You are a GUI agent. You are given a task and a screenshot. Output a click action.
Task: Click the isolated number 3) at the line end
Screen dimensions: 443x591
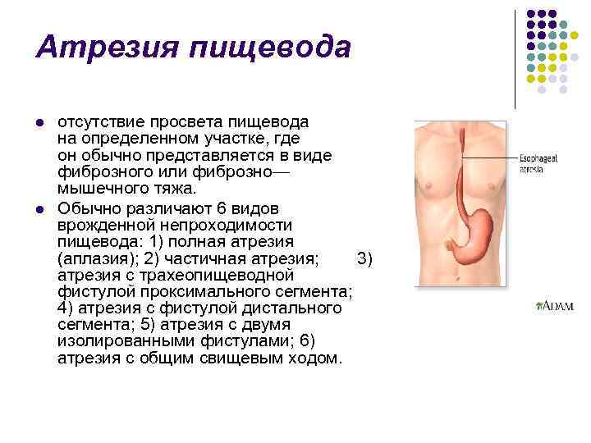pos(365,259)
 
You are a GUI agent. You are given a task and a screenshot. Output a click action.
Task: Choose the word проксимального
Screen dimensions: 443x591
pos(229,293)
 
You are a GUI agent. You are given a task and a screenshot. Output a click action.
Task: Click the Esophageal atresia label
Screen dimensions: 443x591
pos(538,162)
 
